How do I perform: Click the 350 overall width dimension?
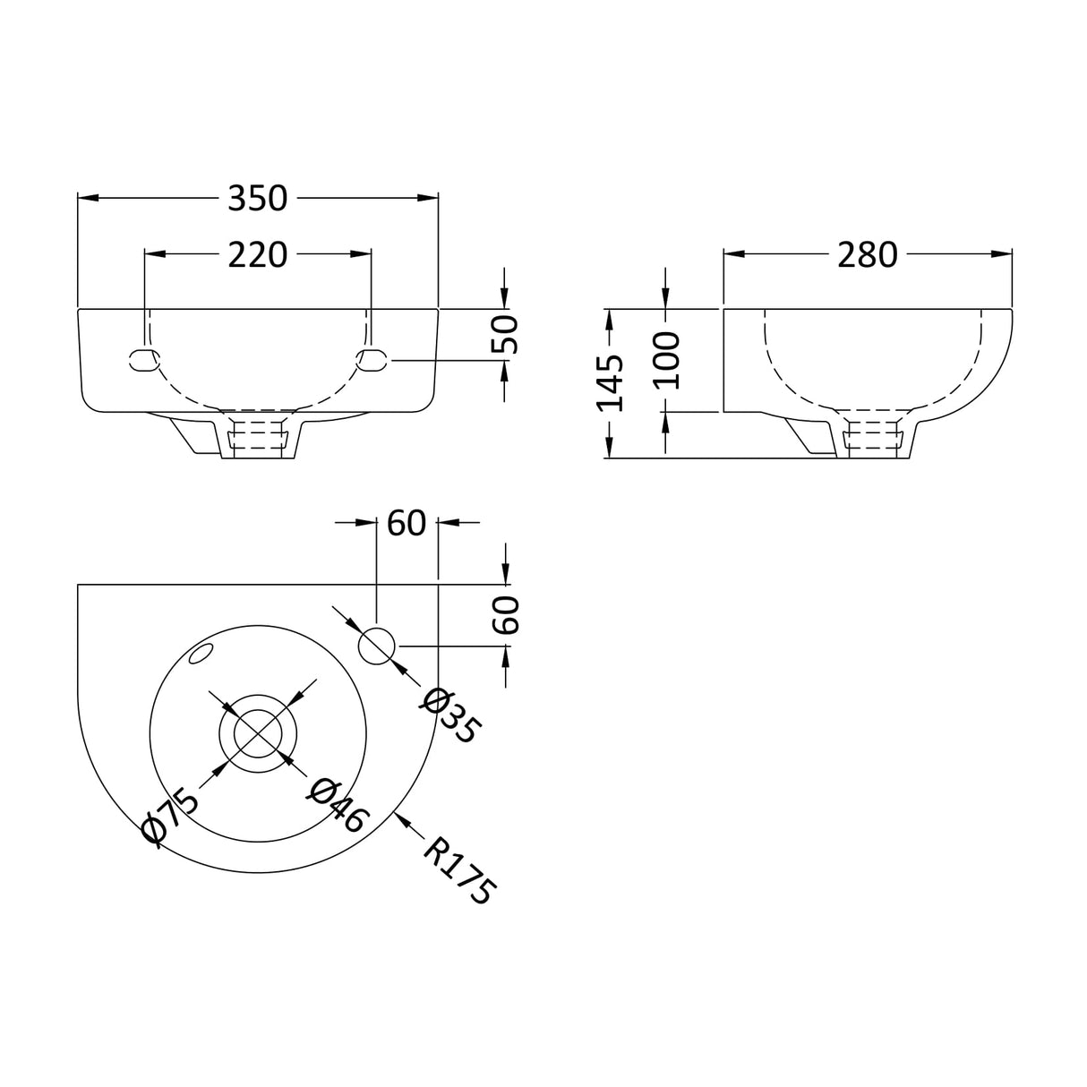(257, 198)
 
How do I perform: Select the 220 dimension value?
(257, 255)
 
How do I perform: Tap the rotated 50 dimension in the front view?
(506, 334)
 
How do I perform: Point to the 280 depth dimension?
(867, 255)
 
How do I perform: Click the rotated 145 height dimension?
(611, 382)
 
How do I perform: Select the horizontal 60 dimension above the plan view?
(406, 523)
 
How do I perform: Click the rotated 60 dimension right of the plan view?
(507, 615)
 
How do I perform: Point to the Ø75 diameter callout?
(170, 814)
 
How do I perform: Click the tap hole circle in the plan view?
(377, 646)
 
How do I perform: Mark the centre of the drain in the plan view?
(258, 733)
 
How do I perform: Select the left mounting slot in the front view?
(144, 360)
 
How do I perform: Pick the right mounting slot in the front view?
(372, 360)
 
